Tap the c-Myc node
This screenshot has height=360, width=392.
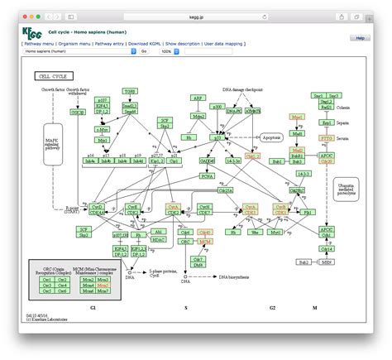coord(102,129)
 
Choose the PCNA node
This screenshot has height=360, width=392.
coord(208,175)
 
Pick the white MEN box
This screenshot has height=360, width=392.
coord(327,261)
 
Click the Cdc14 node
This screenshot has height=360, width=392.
coord(327,247)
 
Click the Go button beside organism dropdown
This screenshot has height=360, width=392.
coord(143,50)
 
